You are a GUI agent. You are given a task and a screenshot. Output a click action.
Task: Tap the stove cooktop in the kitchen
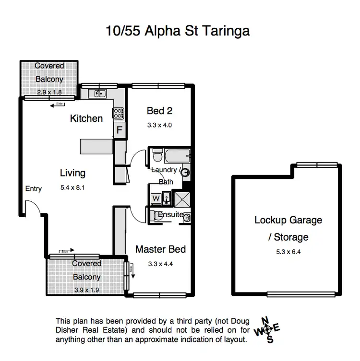click(119, 113)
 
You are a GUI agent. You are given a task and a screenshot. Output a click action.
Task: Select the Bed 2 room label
click(159, 111)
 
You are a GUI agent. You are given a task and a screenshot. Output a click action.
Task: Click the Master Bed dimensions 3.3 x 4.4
click(160, 264)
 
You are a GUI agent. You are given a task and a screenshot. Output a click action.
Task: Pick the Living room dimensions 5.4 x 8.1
click(72, 187)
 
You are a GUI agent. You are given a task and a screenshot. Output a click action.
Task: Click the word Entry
click(34, 188)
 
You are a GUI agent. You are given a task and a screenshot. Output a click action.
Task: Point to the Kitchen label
click(86, 118)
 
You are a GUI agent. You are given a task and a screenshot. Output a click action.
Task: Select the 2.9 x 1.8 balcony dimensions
click(49, 92)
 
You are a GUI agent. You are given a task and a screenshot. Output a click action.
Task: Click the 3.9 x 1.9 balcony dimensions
click(86, 290)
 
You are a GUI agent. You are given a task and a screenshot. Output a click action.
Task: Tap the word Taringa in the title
click(227, 31)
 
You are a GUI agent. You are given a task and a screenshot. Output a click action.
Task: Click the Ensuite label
click(171, 215)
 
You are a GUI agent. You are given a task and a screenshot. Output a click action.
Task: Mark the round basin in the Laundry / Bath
click(185, 173)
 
